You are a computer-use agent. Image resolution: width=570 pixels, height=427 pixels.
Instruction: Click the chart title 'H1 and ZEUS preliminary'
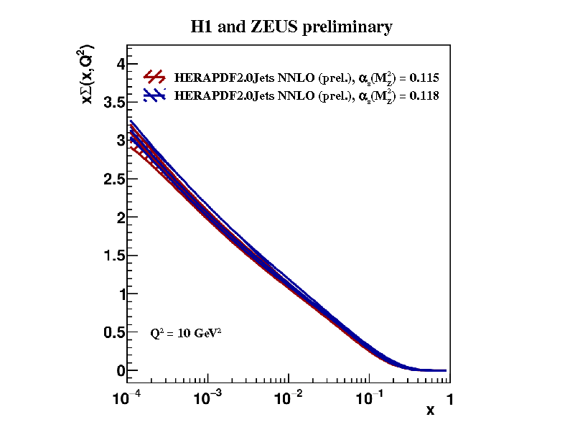coord(291,27)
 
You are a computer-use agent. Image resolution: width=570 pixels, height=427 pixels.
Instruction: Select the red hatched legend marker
coord(155,77)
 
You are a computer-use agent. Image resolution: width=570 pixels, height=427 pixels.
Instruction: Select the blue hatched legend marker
coord(155,95)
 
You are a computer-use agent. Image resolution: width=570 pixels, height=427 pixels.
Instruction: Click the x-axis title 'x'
coord(430,410)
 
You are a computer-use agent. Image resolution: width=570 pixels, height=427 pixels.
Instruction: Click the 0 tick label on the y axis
coord(121,371)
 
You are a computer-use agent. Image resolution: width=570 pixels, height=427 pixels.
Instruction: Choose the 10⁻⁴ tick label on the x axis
coord(126,397)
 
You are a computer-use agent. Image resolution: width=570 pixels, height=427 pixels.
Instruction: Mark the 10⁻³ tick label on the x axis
coord(207,397)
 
